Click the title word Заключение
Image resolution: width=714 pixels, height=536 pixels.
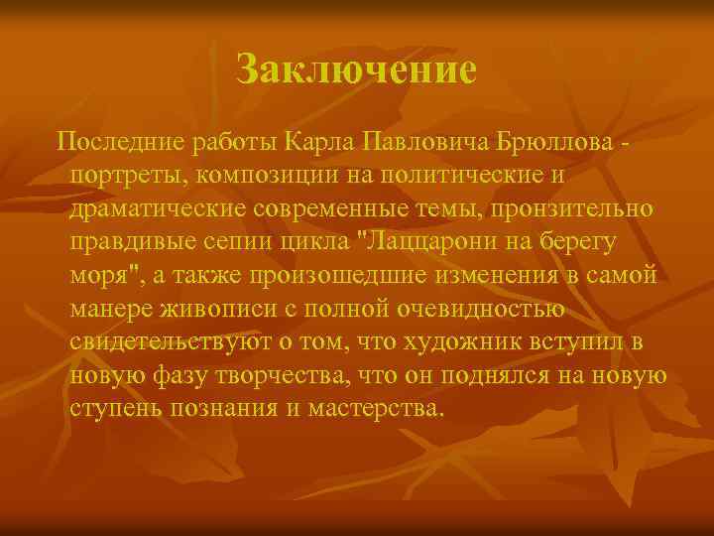[x=357, y=69]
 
